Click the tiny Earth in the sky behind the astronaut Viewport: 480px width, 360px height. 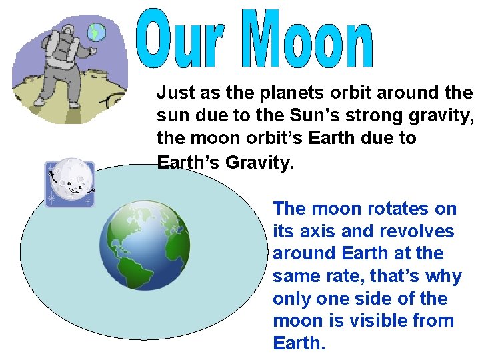click(x=97, y=31)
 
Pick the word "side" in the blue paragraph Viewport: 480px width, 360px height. click(x=386, y=299)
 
